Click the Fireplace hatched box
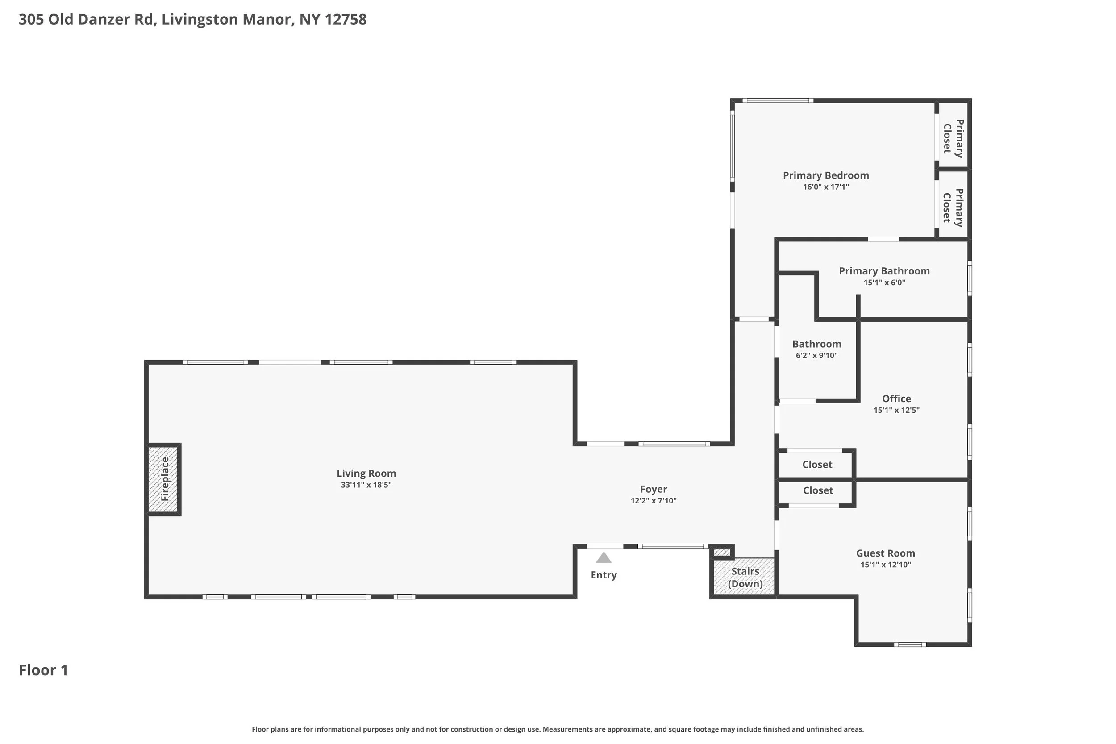point(163,479)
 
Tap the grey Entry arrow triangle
point(604,557)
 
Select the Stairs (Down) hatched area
point(745,577)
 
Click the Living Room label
point(366,473)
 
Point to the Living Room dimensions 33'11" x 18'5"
point(366,485)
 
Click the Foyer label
point(654,489)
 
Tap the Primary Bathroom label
point(884,271)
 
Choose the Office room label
point(896,399)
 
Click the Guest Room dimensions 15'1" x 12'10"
point(885,565)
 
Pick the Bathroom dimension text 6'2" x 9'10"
point(816,355)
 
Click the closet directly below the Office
point(816,465)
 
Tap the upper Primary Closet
point(953,136)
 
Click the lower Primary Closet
point(953,204)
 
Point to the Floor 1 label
point(43,670)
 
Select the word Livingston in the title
point(200,20)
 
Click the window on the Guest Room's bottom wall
point(910,644)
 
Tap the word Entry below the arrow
point(604,575)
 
